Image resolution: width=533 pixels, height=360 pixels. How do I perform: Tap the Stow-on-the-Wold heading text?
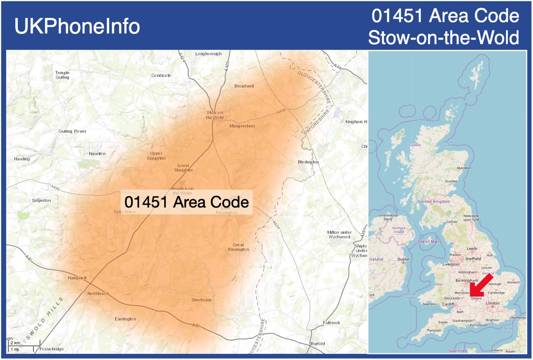[443, 38]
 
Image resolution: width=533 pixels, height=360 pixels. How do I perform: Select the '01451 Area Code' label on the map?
[187, 202]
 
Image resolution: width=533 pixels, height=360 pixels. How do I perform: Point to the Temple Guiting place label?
[62, 75]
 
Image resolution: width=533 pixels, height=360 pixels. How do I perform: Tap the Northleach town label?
[98, 294]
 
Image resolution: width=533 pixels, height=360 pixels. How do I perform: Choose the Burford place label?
[317, 343]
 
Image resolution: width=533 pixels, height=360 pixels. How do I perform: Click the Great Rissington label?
[238, 247]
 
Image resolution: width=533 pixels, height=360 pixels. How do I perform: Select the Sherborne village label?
[201, 300]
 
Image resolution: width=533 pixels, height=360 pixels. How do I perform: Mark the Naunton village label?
[97, 154]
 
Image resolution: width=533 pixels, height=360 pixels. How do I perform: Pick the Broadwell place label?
[244, 86]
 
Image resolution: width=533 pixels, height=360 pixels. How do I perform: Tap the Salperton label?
[41, 200]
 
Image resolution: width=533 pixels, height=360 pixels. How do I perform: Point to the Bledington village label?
[308, 162]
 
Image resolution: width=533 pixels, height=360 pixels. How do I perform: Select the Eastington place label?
[125, 319]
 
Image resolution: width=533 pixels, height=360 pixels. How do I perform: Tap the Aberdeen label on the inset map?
[464, 168]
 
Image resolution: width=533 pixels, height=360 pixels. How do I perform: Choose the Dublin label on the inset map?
[404, 259]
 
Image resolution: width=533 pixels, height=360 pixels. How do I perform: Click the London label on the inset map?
[492, 303]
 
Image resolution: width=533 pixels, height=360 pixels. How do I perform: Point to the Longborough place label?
[208, 54]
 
